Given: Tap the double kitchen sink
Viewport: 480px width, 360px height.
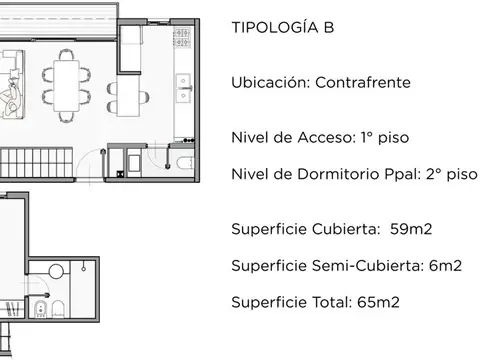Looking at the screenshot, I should point(183,91).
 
